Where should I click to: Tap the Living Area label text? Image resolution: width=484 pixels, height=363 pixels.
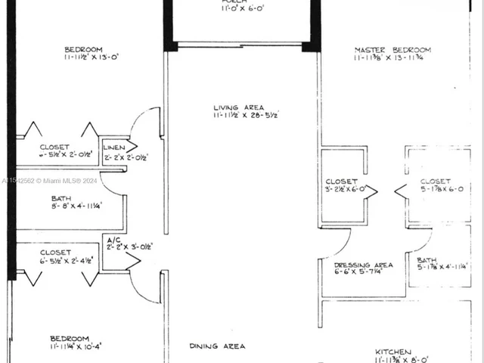[x=239, y=108]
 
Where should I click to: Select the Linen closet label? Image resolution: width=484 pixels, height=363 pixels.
[x=113, y=147]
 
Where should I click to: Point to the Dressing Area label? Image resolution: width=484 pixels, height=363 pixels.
[x=363, y=265]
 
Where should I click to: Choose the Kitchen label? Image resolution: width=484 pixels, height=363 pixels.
[x=393, y=352]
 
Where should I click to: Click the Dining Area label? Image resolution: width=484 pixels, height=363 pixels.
[x=217, y=346]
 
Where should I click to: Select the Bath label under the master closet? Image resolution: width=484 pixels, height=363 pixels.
[x=427, y=260]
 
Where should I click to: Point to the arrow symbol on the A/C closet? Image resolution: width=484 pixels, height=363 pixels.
[x=133, y=261]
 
